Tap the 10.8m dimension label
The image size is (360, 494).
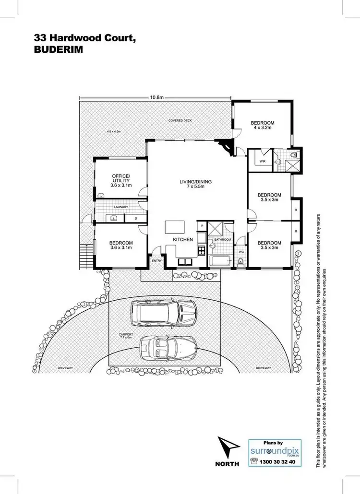[157, 97]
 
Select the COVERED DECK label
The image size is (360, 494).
[180, 120]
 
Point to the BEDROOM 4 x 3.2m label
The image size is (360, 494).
[262, 126]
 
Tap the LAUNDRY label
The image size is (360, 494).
[121, 207]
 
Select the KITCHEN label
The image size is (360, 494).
[183, 239]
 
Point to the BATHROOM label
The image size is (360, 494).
[222, 239]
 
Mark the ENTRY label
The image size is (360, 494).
[156, 261]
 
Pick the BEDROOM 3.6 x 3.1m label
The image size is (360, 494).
[121, 246]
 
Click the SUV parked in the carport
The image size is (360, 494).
[163, 314]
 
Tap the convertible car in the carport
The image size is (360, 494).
[168, 346]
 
